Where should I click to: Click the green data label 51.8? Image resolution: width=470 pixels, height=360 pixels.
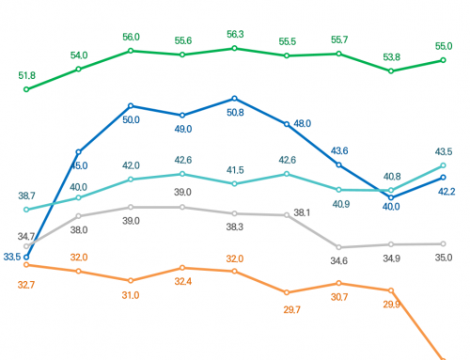[x=26, y=75]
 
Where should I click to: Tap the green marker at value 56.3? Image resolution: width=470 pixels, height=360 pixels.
[x=235, y=48]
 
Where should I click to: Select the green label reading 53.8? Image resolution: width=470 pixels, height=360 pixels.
[x=391, y=56]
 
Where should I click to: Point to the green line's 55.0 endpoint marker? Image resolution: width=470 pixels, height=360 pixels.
[x=443, y=61]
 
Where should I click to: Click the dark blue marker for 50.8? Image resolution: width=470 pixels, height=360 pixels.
[x=235, y=98]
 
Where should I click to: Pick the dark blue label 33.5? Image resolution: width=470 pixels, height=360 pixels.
[x=12, y=257]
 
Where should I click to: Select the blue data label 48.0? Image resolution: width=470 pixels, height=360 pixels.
[x=303, y=123]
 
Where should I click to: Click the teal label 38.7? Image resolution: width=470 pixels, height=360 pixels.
[x=26, y=195]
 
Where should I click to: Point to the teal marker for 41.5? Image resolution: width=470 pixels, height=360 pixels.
[x=235, y=183]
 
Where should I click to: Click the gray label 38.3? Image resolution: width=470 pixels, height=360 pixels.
[x=235, y=227]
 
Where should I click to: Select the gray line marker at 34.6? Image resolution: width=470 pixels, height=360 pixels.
[x=338, y=247]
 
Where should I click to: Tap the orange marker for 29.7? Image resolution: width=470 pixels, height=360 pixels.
[x=287, y=292]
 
